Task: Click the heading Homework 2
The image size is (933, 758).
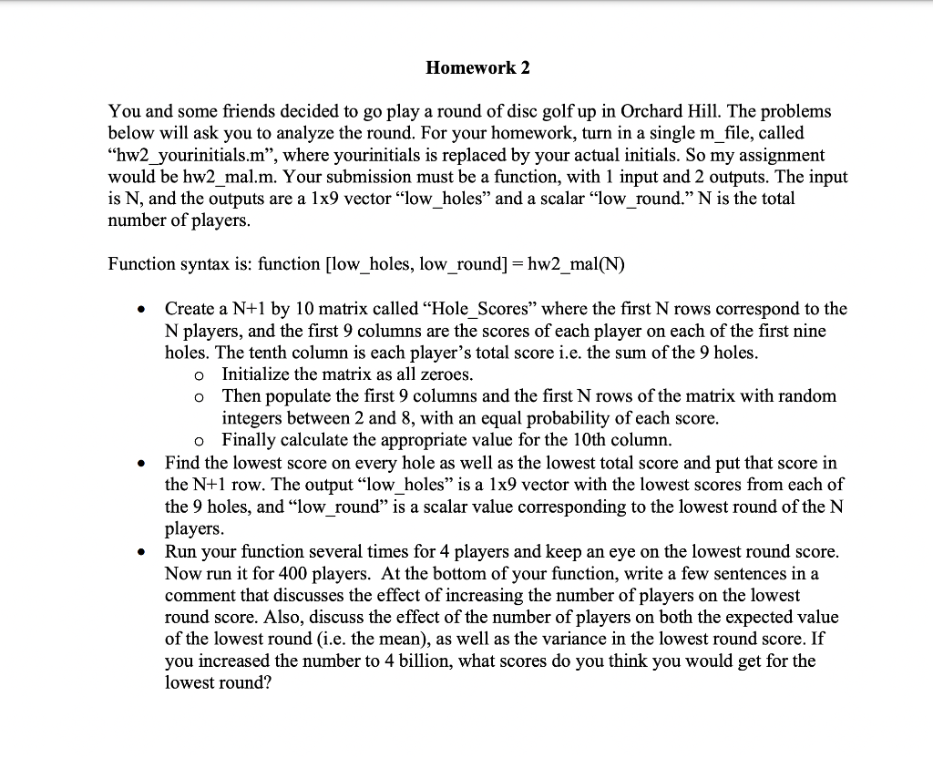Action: [x=477, y=68]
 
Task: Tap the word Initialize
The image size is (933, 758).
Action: [x=256, y=374]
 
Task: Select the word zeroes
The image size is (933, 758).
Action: [x=446, y=374]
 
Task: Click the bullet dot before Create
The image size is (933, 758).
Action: [x=138, y=310]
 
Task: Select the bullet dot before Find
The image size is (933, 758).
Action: [x=138, y=464]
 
